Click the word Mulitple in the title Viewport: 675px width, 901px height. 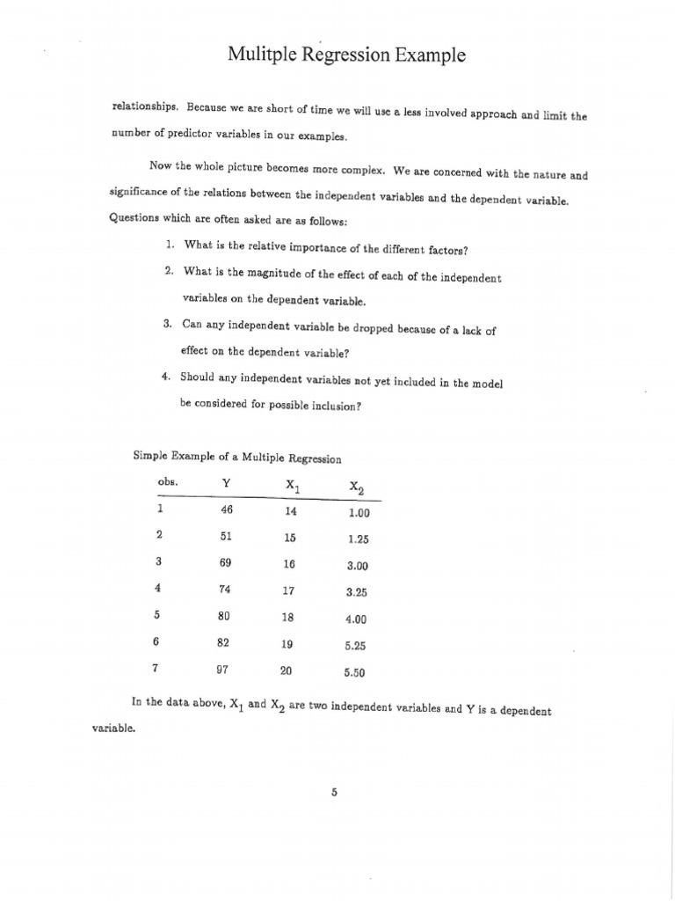click(260, 55)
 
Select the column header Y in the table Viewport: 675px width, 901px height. click(227, 483)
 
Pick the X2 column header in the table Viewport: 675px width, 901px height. click(355, 487)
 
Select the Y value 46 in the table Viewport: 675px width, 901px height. click(226, 509)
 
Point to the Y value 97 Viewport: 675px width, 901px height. click(223, 669)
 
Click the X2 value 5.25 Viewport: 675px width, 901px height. click(355, 645)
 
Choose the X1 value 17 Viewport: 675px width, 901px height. click(287, 591)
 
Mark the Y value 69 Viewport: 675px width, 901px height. click(225, 563)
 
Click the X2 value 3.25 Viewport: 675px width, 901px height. click(357, 593)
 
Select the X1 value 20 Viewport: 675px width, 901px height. click(286, 670)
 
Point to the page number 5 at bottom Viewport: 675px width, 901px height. click(334, 792)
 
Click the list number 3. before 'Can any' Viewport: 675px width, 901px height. click(167, 324)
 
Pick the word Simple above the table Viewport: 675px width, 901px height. click(149, 455)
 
